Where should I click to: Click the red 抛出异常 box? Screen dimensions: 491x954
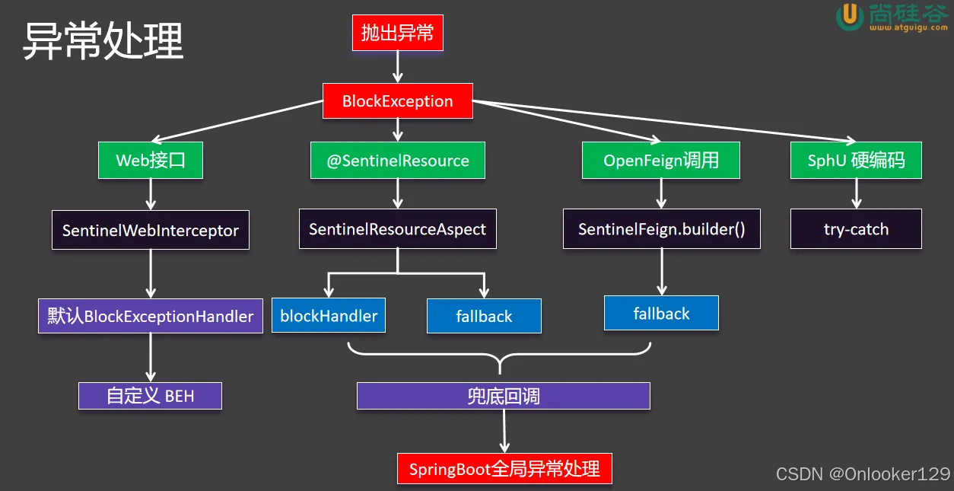(397, 33)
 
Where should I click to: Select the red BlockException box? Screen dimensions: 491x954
(397, 101)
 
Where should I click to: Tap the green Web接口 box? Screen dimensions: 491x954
(151, 161)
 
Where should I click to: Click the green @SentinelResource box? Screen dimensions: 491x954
(398, 161)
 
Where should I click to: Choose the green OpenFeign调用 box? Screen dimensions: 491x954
(660, 161)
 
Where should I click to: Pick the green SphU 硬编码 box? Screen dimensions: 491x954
(856, 161)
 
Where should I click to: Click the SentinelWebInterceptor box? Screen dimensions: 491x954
(151, 230)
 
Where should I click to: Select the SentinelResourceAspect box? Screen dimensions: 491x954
(397, 229)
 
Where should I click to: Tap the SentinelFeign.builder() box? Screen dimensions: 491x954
(661, 229)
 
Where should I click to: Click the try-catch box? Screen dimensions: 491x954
(856, 229)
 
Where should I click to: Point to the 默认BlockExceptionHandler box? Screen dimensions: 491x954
(151, 316)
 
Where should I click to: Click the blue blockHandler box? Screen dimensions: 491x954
(329, 316)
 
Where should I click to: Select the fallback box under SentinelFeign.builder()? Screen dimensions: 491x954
(661, 314)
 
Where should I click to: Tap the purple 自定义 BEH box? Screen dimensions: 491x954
(151, 396)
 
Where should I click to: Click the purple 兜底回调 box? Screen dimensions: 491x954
(504, 396)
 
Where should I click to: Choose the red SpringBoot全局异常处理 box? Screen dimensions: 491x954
(504, 468)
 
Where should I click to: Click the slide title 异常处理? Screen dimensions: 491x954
(103, 41)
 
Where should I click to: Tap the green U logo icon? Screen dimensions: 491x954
(849, 17)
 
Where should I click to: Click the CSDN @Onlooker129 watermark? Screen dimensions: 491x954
(863, 474)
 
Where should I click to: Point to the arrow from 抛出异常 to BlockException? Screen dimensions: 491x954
(397, 68)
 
